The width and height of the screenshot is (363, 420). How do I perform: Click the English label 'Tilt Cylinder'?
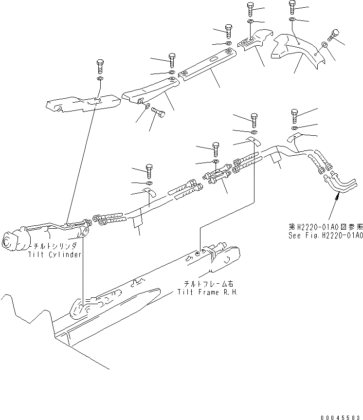[x=54, y=255]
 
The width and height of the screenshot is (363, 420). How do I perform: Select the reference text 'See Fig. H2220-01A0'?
[x=325, y=235]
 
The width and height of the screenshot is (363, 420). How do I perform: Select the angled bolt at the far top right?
[x=335, y=36]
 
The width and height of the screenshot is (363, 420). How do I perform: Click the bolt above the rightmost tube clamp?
[x=295, y=115]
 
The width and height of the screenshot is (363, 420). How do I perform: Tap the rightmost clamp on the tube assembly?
[x=294, y=137]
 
